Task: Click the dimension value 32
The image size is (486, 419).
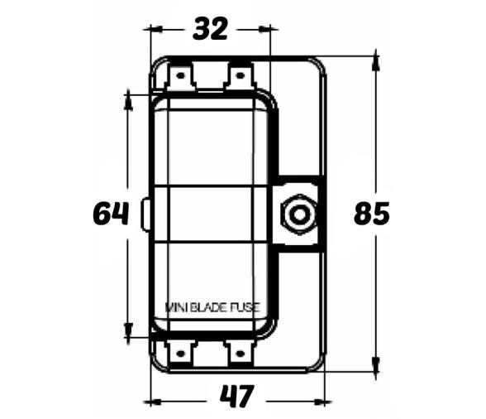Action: (210, 29)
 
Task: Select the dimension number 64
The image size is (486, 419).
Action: (111, 214)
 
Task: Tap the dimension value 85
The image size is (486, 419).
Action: (371, 214)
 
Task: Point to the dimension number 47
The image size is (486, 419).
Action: (236, 398)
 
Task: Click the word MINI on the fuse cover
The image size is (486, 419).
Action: (179, 308)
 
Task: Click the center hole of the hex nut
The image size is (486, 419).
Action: (298, 215)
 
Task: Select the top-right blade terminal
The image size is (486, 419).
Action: (240, 78)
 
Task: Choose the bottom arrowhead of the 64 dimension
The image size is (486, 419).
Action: (128, 332)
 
